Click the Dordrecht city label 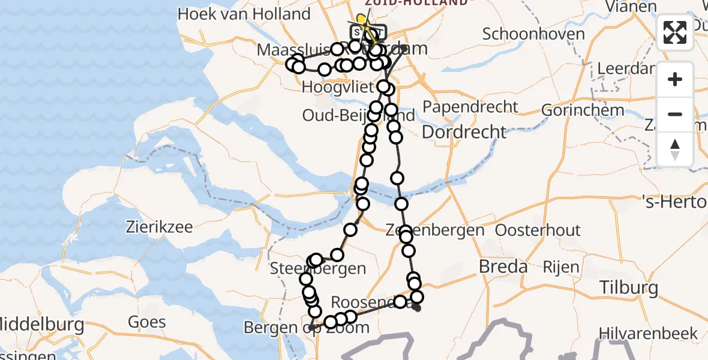tap(464, 131)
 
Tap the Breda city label tap(503, 266)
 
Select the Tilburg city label tap(629, 288)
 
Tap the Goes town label tap(146, 322)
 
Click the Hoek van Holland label tap(244, 14)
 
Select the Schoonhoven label tap(533, 34)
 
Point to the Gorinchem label tap(574, 110)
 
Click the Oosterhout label tap(538, 230)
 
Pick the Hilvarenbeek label tap(648, 333)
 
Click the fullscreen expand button tap(675, 32)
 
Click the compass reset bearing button tap(675, 149)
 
